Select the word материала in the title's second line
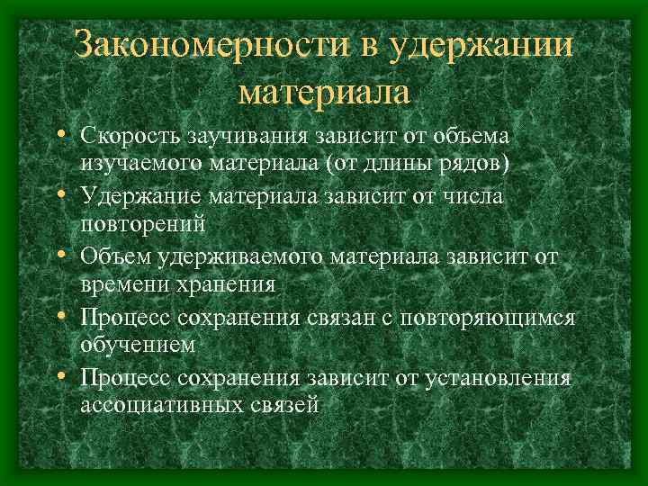click(325, 91)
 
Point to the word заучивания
click(248, 136)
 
